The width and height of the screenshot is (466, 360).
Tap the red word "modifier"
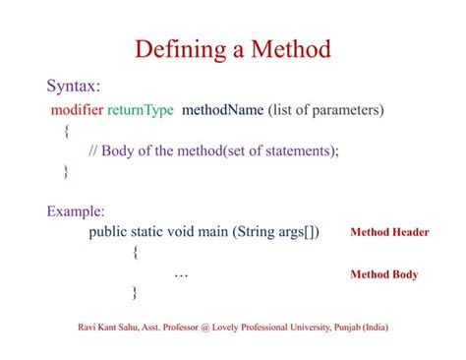pyautogui.click(x=77, y=109)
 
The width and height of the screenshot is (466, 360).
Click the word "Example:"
pyautogui.click(x=76, y=211)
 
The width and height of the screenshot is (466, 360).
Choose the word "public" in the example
pyautogui.click(x=110, y=233)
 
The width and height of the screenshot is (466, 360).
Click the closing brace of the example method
pyautogui.click(x=135, y=293)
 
